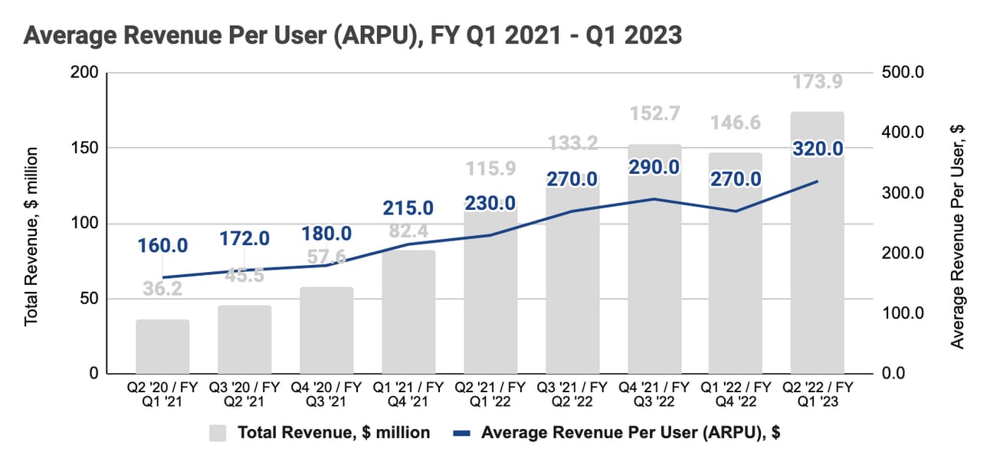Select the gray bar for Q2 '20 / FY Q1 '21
coord(162,346)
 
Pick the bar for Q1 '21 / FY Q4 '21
coord(408,312)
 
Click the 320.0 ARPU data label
coord(818,149)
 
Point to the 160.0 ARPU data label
coord(163,246)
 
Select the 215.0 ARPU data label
coord(408,208)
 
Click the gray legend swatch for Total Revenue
coord(218,433)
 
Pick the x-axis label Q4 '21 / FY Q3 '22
coord(654,394)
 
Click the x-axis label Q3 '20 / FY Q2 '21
coord(244,394)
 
